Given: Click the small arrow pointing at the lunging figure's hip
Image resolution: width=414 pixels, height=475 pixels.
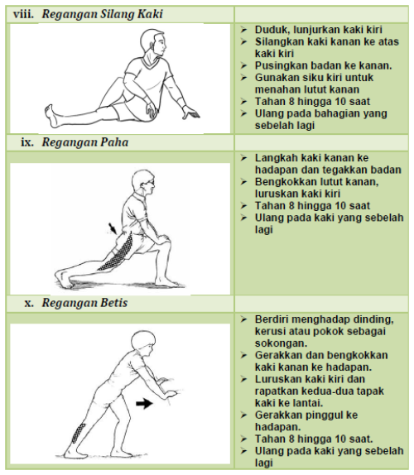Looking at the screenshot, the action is click(113, 227).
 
